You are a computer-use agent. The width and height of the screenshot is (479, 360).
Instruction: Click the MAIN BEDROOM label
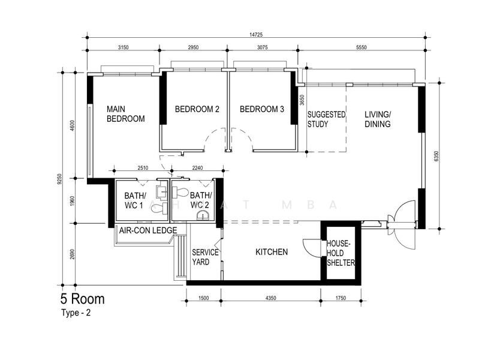coord(125,114)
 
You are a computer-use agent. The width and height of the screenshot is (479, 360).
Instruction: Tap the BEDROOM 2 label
coord(197,109)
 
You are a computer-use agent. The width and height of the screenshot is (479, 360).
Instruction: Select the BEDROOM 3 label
coord(262,109)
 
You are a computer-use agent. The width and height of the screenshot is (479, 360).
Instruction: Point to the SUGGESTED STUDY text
coord(326,119)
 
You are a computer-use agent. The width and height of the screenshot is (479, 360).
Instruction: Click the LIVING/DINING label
coord(378,119)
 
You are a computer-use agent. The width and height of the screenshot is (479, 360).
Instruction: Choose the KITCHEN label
coord(272,252)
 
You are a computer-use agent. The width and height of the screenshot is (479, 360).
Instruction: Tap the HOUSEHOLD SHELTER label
coord(341,253)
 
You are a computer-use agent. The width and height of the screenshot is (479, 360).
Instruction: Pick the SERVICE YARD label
coord(205,257)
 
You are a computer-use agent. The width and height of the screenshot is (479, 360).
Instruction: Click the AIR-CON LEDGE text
coord(148,230)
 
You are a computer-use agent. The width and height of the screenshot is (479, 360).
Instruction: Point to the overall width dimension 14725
coord(256,35)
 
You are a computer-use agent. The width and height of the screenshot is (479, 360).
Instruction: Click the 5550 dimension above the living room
coord(361,47)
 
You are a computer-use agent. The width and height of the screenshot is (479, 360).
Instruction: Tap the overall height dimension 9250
coord(59,179)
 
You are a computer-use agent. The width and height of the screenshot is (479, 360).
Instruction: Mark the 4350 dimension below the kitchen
coord(270,298)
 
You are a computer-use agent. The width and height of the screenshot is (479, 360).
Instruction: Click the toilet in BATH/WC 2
coord(180,193)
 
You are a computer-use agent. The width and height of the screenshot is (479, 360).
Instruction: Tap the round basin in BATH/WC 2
coord(203,215)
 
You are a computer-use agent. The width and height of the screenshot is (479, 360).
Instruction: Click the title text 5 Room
coord(82,299)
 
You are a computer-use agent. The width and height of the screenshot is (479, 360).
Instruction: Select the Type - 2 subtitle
coord(76,313)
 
